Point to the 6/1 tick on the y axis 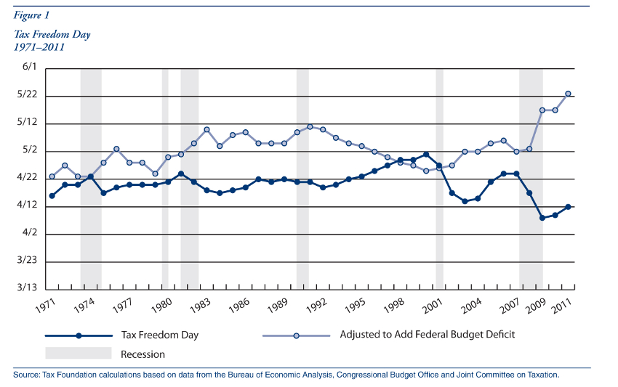pos(29,67)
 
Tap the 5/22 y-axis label pos(27,96)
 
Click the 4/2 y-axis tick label pos(29,233)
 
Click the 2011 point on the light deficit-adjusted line pos(568,94)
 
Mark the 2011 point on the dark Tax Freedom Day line pos(568,207)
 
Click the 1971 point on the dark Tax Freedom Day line pos(52,196)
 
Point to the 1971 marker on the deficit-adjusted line pos(52,176)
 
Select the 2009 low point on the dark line pos(542,218)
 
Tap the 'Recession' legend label pos(143,354)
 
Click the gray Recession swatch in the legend pos(78,354)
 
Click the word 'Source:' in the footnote pos(26,375)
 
